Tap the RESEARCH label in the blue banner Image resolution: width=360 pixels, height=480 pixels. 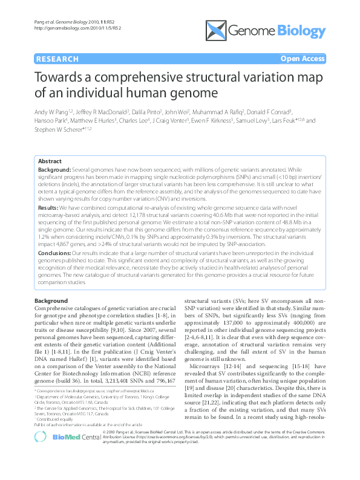[x=57, y=59]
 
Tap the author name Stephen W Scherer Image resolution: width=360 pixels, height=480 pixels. [x=50, y=129]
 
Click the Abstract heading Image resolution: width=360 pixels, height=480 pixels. [x=50, y=162]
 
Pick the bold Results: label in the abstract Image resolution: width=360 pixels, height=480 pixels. [x=49, y=207]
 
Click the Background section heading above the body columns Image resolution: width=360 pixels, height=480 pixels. [x=51, y=300]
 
